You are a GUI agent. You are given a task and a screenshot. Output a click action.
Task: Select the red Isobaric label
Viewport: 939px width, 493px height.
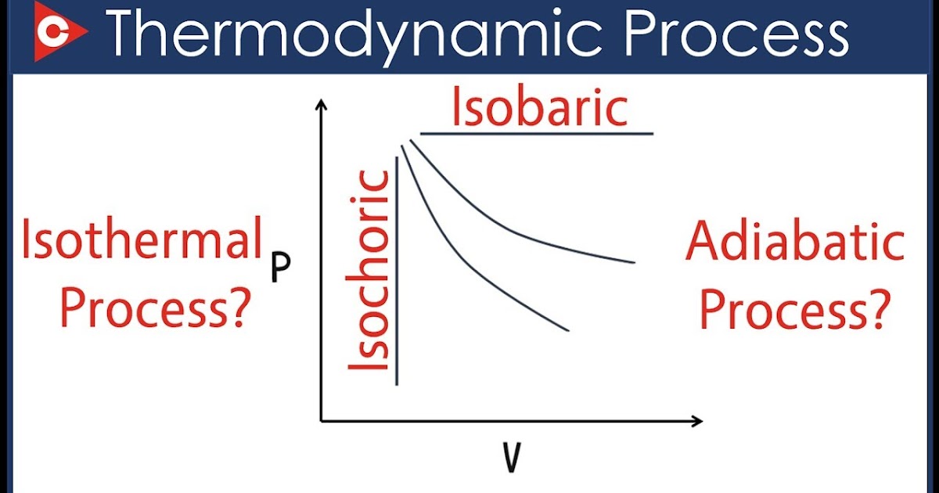(539, 109)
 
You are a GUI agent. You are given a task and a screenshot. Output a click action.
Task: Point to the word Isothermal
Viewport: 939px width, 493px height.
(141, 242)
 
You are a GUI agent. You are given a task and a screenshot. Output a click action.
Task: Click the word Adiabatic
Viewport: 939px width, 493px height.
(795, 244)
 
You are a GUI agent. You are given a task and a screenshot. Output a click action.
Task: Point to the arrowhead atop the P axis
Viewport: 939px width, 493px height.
(321, 107)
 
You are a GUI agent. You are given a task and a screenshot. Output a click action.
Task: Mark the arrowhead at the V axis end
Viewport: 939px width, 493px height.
(696, 421)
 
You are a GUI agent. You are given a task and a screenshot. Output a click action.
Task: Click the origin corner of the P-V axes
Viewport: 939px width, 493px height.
(322, 421)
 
